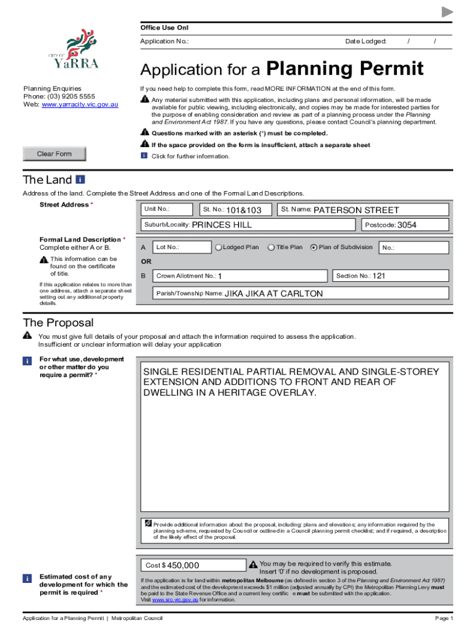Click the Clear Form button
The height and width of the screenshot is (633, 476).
(54, 154)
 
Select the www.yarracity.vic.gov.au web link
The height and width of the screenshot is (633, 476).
(80, 105)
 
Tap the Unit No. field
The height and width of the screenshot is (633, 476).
(166, 210)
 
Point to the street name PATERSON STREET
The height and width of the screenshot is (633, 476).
(356, 210)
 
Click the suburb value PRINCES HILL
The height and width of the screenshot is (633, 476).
(222, 225)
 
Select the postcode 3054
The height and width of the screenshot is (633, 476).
(406, 225)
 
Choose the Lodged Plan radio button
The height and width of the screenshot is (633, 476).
(219, 247)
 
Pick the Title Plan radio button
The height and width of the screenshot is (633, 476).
(271, 247)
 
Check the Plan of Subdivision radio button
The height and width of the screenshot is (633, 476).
(314, 247)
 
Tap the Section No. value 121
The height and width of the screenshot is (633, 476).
(379, 276)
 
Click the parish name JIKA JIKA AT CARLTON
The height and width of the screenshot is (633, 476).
(273, 294)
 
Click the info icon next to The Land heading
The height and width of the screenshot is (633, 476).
(80, 179)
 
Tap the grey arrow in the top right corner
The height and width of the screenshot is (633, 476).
(448, 12)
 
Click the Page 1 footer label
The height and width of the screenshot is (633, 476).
(444, 618)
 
